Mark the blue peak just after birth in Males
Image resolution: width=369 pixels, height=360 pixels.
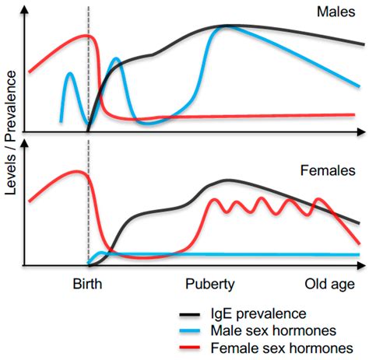tap(116, 58)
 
